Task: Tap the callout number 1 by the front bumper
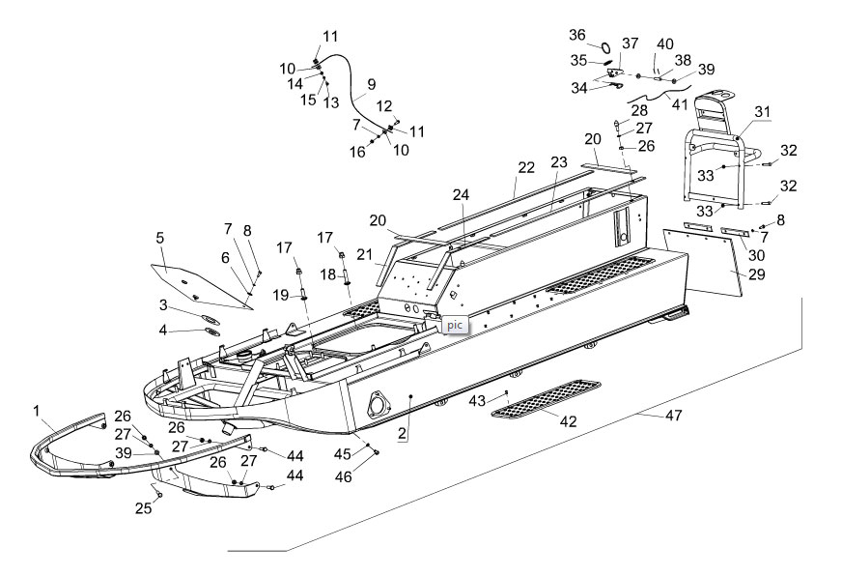pos(36,410)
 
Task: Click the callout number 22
pos(524,166)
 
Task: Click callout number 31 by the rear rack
pos(763,112)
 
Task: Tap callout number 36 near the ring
pos(577,36)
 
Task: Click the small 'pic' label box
pos(454,326)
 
